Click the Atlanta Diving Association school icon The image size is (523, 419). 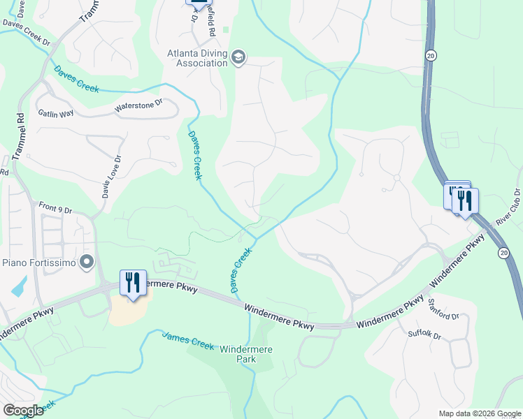238,57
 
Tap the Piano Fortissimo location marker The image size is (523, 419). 87,263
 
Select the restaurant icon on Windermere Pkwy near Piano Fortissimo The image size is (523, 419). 133,283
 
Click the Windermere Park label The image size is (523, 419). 245,354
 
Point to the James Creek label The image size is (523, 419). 188,340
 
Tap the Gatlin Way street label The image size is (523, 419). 55,112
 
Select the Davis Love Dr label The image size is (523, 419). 107,177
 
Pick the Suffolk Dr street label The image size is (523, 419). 425,336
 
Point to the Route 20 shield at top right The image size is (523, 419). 431,54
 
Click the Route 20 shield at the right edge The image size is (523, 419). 503,252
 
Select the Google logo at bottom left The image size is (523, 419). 23,411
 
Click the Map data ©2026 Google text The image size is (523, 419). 480,413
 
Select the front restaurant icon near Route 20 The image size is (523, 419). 465,201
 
